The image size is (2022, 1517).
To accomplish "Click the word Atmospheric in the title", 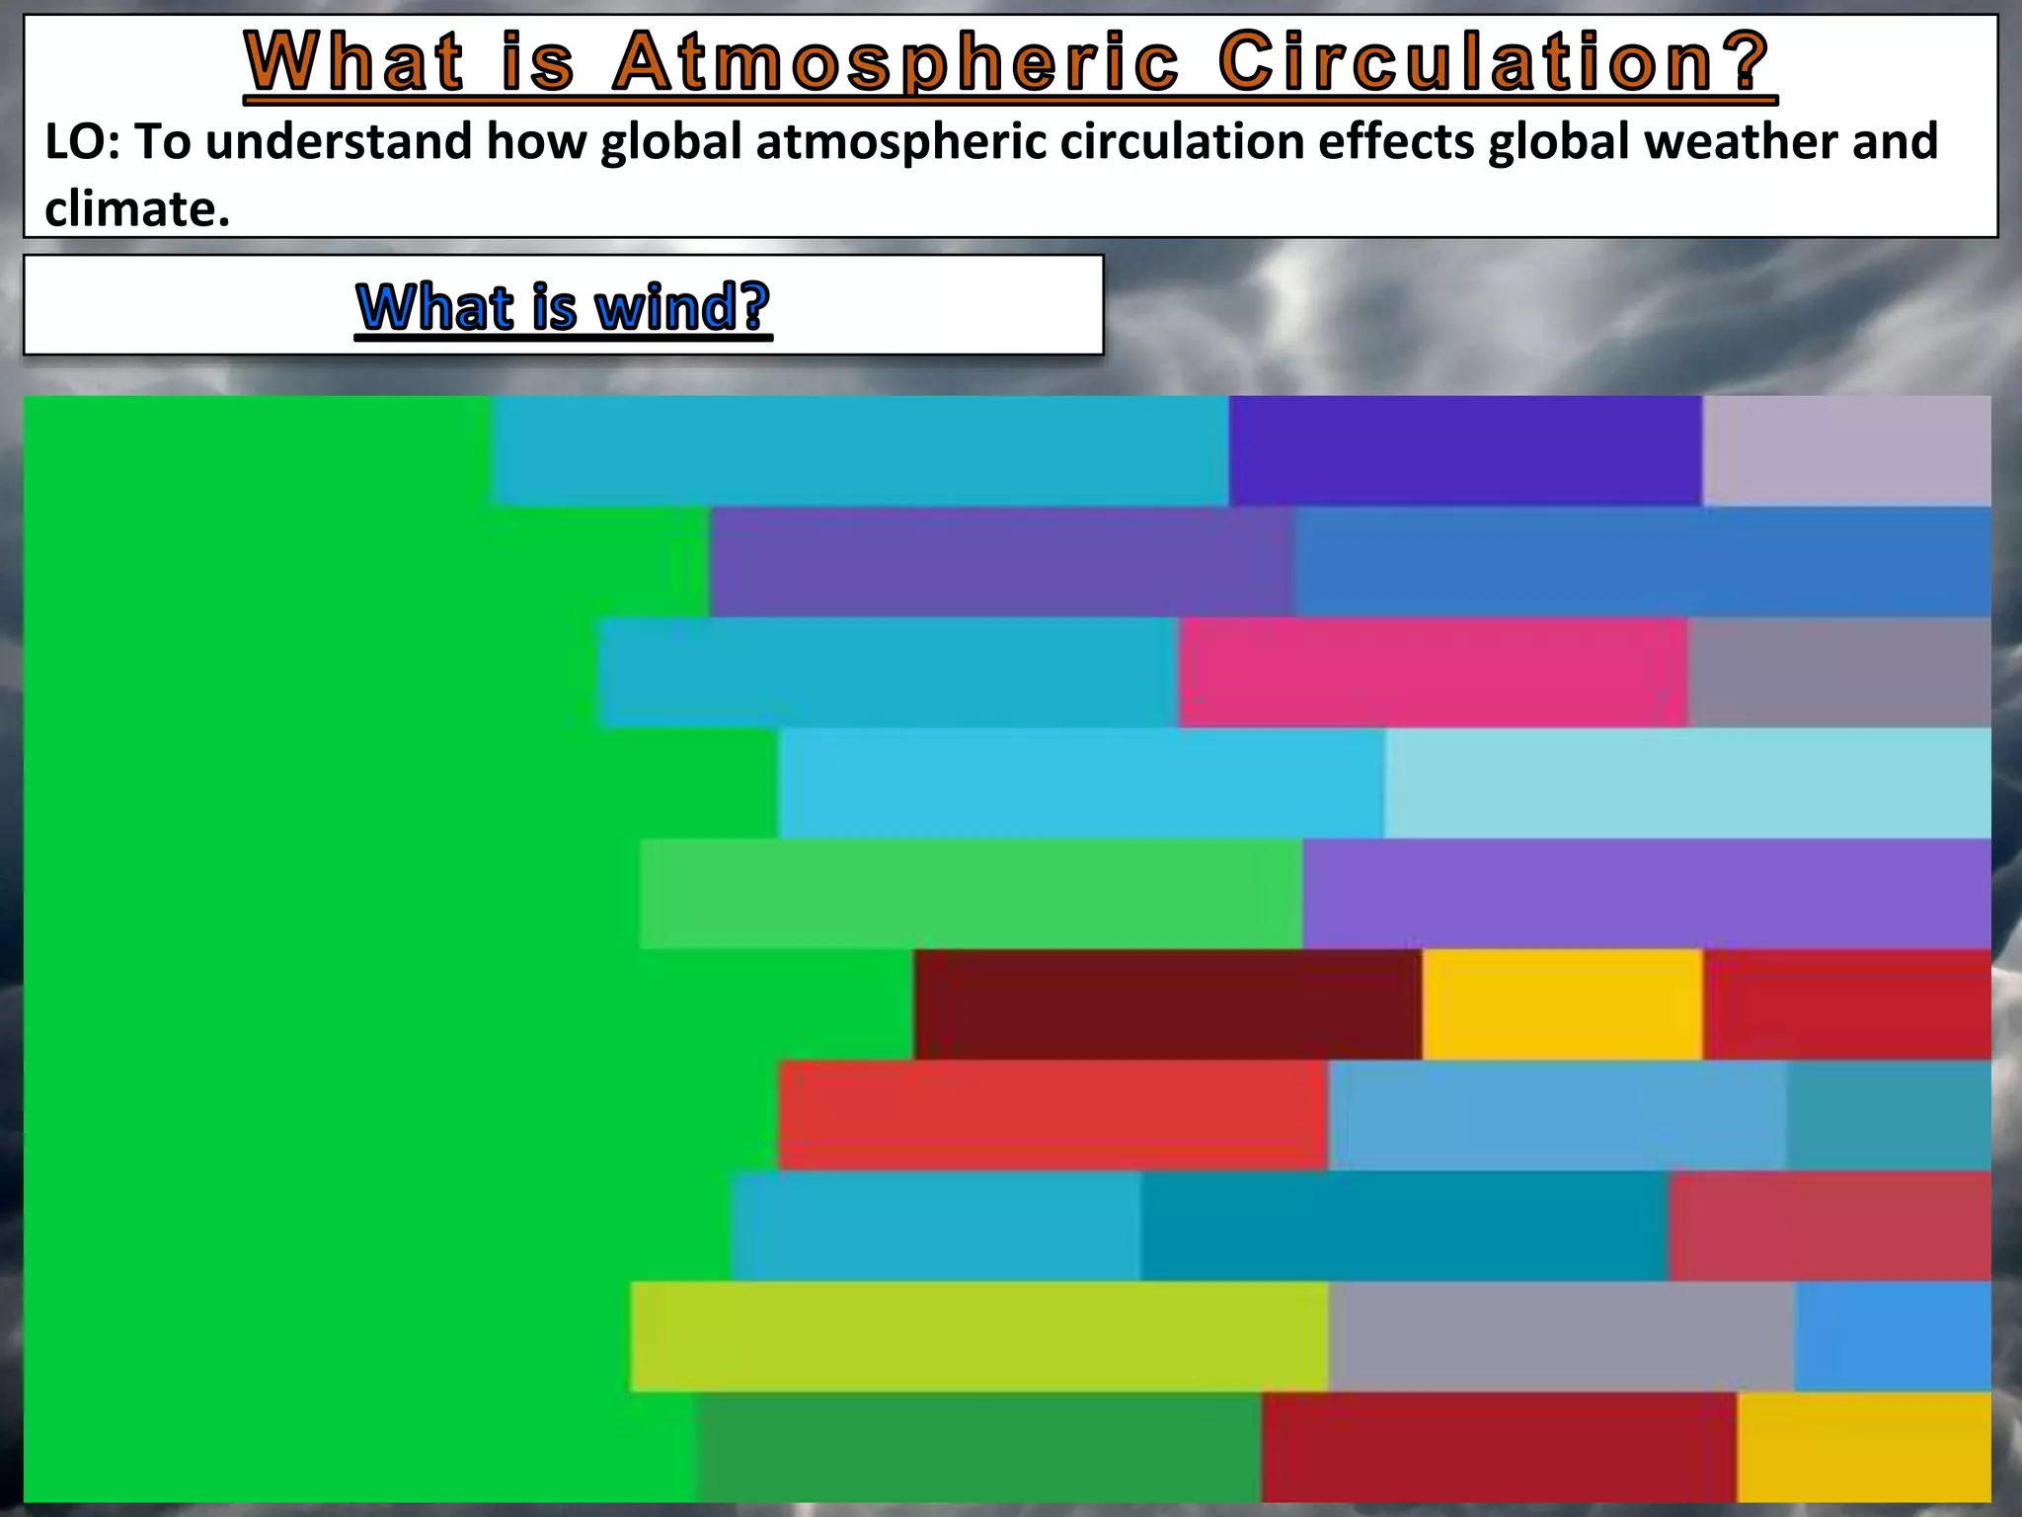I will tap(895, 61).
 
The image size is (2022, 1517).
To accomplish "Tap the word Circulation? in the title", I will tap(1494, 61).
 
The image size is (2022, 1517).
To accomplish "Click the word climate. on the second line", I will tap(137, 208).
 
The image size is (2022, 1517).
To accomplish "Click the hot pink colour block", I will tap(1433, 673).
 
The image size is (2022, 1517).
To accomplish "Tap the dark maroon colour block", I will tap(1168, 1004).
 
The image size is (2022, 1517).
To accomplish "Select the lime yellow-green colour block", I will tap(979, 1336).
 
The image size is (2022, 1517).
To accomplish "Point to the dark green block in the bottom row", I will tap(979, 1447).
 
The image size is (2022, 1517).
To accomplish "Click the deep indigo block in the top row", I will tap(1465, 450).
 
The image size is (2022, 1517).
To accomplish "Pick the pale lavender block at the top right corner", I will tap(1846, 450).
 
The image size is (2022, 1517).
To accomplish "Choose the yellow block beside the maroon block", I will tap(1562, 1004).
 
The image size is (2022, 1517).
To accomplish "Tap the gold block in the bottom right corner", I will tap(1863, 1447).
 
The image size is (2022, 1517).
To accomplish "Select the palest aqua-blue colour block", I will tap(1687, 783).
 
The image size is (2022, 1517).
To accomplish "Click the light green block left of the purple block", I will tap(971, 894).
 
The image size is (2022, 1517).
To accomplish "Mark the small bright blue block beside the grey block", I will tap(1892, 1336).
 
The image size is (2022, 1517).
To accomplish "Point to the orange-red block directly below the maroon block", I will tap(1052, 1115).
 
